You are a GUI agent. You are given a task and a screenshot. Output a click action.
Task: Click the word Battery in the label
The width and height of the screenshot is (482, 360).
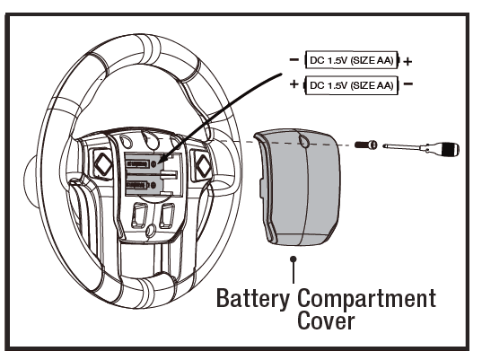pos(253,298)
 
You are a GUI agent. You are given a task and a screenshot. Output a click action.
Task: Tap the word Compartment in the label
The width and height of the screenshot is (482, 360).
pos(367,298)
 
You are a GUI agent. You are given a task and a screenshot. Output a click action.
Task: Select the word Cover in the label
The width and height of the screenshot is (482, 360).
pos(326,320)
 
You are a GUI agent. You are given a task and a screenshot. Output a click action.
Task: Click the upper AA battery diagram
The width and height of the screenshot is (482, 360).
pos(352,60)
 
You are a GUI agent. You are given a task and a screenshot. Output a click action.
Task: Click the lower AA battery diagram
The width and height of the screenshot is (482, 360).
pos(351,85)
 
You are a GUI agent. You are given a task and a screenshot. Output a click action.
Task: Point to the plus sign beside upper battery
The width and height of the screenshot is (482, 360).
pos(408,62)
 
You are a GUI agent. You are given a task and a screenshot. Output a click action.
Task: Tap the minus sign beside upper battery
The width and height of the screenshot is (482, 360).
pos(294,59)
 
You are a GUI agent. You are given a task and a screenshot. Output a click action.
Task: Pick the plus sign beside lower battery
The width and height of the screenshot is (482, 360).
pos(294,83)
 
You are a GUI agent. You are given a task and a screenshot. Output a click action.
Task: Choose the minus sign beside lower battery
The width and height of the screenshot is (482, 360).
pos(408,83)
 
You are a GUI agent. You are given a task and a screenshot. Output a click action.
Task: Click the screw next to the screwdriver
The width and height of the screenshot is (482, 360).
pos(366,145)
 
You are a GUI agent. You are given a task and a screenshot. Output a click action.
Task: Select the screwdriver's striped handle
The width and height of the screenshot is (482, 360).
pos(450,149)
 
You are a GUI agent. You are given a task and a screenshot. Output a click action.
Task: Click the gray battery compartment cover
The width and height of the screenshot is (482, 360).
pos(298,187)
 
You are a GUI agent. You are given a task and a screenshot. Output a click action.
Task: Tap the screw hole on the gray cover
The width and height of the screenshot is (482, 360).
pos(303,142)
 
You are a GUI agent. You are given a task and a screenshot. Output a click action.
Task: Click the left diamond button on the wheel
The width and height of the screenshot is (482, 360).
pos(102,164)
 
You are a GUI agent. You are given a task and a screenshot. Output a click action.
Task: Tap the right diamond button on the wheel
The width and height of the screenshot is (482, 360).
pos(203,166)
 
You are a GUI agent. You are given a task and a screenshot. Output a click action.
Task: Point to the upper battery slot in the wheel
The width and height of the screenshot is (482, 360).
pos(142,164)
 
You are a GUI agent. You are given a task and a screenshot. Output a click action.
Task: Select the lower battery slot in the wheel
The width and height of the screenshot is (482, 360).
pos(142,185)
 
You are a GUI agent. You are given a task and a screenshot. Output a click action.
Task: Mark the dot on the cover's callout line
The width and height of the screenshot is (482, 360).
pos(294,259)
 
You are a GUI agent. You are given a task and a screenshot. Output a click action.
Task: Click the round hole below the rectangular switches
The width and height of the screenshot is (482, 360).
pos(151,230)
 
